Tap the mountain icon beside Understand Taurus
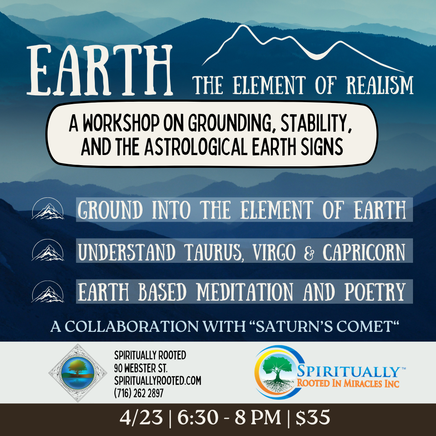point(48,250)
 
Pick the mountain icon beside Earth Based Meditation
point(48,291)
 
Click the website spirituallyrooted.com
point(157,381)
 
